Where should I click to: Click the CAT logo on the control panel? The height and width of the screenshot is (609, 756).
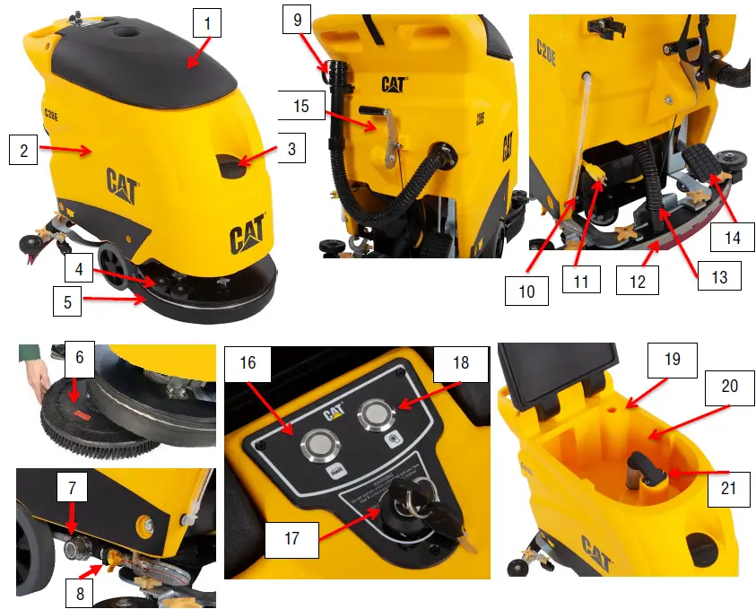[x=335, y=413]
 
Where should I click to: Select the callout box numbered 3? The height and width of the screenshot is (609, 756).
[x=291, y=148]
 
